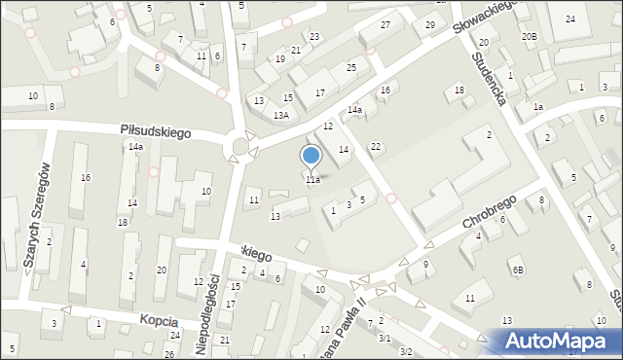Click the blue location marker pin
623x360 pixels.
click(x=311, y=156)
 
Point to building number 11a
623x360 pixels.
click(x=312, y=180)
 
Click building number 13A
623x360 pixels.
click(x=280, y=116)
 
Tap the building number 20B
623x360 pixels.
click(x=529, y=36)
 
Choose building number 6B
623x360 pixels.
click(x=519, y=270)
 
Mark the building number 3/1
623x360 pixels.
click(x=385, y=338)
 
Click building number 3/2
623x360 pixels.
click(x=406, y=351)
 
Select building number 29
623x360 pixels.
click(x=429, y=24)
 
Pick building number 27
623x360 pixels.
click(x=385, y=24)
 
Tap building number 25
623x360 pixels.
click(x=351, y=67)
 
